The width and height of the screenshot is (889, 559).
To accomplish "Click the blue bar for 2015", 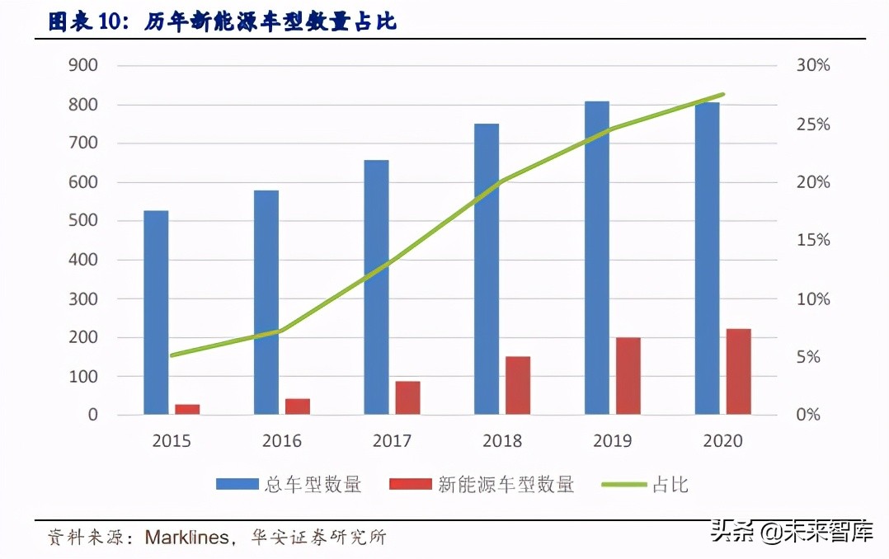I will pyautogui.click(x=156, y=312).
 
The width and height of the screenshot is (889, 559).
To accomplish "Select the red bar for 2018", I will pyautogui.click(x=518, y=385).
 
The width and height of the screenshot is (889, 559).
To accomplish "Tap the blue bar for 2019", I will pyautogui.click(x=597, y=257).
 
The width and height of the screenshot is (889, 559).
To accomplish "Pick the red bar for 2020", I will pyautogui.click(x=739, y=371).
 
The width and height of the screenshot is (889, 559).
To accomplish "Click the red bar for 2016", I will pyautogui.click(x=298, y=406).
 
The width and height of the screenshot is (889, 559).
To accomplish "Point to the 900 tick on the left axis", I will pyautogui.click(x=82, y=65).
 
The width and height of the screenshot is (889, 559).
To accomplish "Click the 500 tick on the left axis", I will pyautogui.click(x=82, y=221).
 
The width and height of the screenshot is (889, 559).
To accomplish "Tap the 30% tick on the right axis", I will pyautogui.click(x=813, y=65).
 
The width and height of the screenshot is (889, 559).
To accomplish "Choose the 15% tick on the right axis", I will pyautogui.click(x=813, y=241).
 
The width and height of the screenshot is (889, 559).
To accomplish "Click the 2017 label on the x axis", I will pyautogui.click(x=392, y=441).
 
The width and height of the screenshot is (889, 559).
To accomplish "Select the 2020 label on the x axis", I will pyautogui.click(x=723, y=441).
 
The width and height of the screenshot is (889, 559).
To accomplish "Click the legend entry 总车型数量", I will pyautogui.click(x=289, y=485).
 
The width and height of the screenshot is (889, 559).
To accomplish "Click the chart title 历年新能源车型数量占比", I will pyautogui.click(x=271, y=21).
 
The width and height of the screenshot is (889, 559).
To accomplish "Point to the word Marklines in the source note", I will pyautogui.click(x=187, y=538).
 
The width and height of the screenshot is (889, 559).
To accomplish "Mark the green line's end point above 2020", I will pyautogui.click(x=722, y=95).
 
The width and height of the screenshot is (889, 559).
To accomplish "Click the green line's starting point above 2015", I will pyautogui.click(x=172, y=356).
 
